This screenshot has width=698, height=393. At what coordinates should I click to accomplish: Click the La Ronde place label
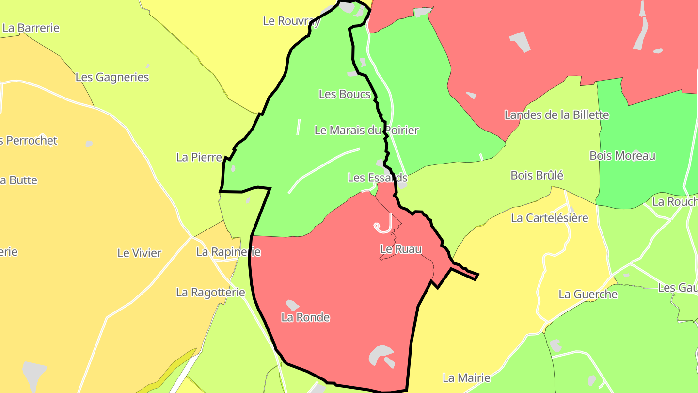(305, 317)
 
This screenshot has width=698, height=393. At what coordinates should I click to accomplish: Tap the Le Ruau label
(400, 249)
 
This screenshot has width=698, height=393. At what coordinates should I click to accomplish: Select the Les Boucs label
(345, 94)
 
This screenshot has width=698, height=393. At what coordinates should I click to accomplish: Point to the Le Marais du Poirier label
(366, 130)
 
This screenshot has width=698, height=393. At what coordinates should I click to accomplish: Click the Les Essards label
(377, 178)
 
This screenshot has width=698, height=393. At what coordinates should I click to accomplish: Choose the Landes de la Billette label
(556, 115)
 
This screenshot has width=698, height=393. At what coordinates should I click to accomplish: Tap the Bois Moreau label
(622, 156)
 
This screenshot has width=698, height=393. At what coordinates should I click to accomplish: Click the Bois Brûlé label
(537, 175)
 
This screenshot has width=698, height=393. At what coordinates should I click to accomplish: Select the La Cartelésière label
(549, 218)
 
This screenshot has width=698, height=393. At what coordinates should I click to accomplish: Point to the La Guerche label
(588, 294)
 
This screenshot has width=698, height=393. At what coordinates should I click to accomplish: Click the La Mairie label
(466, 377)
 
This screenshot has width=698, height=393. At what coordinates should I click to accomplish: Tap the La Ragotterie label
(210, 292)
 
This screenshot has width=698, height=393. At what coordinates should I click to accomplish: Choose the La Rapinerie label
(228, 252)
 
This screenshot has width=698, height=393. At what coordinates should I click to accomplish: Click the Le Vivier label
(140, 253)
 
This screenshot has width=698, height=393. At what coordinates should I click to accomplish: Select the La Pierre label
(199, 157)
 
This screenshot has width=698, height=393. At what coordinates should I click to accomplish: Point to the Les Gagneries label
(112, 77)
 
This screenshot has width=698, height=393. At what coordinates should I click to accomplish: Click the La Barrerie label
(31, 28)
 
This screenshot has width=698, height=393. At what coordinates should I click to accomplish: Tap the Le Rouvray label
(291, 21)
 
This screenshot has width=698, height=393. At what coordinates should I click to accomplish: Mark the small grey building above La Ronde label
(292, 305)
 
